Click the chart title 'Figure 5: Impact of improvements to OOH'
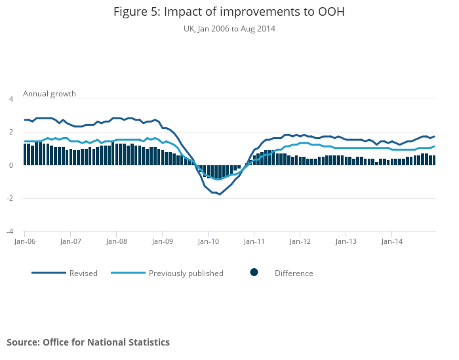[229, 12]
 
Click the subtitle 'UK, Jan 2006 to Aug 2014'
[229, 29]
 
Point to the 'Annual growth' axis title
[49, 94]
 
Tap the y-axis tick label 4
[11, 99]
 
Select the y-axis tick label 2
[11, 132]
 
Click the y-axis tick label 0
[11, 165]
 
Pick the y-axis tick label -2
[10, 198]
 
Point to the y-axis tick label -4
[10, 231]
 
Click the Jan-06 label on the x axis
[24, 241]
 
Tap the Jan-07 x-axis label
[70, 241]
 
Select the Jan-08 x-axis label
[116, 241]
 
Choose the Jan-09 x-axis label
[162, 241]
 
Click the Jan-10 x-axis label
[208, 241]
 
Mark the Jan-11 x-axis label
[254, 241]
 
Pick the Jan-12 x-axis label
[300, 241]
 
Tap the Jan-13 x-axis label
[346, 241]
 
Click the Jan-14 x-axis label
[391, 241]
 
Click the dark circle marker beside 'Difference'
[254, 273]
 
